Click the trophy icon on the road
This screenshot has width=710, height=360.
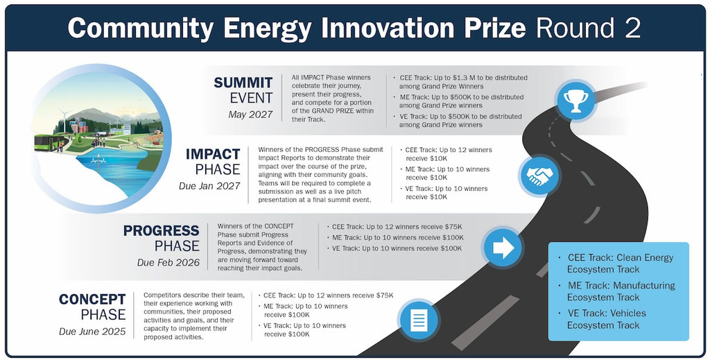pos(575,101)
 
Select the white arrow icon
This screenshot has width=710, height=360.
pos(503,248)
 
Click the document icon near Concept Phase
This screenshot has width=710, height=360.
pos(418,320)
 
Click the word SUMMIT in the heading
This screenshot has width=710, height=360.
pos(243,83)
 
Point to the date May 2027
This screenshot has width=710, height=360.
pos(250,114)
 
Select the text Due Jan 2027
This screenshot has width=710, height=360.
pos(209,186)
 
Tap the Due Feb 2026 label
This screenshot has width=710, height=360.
pos(168,263)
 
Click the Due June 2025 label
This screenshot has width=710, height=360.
pos(92,332)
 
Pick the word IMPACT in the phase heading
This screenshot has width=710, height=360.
pos(212,154)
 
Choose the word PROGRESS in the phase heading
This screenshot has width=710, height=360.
pos(161,230)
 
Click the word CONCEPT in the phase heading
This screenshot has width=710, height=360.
pos(92,300)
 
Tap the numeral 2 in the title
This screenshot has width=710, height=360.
pos(634,28)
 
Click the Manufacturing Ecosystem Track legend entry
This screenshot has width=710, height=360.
pos(621,291)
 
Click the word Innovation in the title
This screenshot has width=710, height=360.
pos(388,28)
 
